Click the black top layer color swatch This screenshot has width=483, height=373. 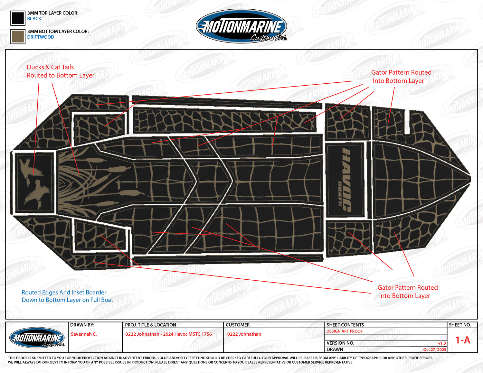(18, 18)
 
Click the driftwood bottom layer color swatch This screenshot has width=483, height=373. (18, 36)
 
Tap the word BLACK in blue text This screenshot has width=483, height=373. (34, 19)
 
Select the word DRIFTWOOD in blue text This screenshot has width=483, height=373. (41, 37)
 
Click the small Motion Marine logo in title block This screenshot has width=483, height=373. (37, 338)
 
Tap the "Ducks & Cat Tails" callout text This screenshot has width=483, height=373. (50, 67)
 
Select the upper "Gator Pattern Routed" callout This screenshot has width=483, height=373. (401, 73)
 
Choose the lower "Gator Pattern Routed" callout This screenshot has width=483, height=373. (407, 288)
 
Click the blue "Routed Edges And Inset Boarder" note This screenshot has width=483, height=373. (64, 293)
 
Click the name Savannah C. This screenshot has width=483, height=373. (84, 334)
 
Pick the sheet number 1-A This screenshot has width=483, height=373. (462, 340)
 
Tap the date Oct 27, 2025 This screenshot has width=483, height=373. (435, 350)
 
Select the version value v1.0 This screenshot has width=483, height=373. (442, 343)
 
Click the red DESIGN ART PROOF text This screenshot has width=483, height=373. (345, 331)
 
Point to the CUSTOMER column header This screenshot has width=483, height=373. (238, 325)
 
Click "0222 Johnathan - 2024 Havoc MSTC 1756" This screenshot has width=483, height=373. (169, 334)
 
